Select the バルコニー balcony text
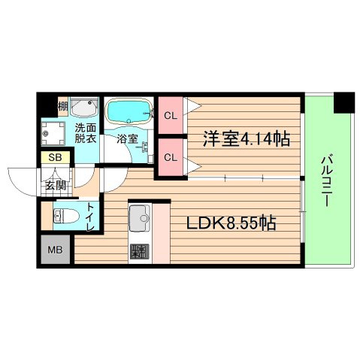click(328, 183)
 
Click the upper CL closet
click(171, 115)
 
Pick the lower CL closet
click(171, 157)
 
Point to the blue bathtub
click(128, 112)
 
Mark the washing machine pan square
click(53, 133)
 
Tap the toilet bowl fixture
click(65, 217)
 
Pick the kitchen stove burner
click(139, 252)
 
